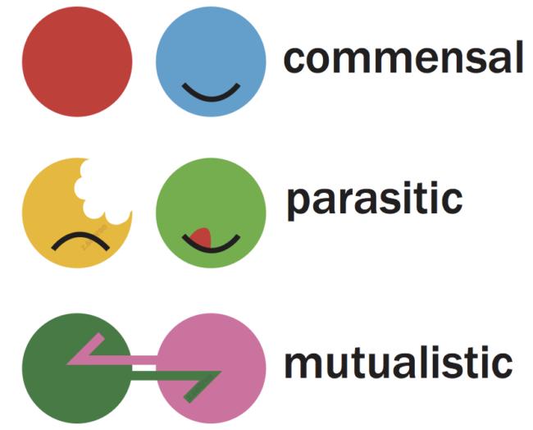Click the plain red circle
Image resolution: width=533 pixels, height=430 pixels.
pos(77,62)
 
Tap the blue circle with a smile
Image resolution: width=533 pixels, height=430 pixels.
pos(211,62)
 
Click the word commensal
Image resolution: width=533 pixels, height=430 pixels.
pos(403,57)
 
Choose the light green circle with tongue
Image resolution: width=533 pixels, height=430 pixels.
pos(211,213)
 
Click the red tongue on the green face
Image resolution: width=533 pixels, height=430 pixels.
pos(203,237)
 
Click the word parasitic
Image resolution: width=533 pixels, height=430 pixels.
pos(375,200)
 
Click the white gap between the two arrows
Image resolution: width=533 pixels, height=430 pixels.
pos(144,368)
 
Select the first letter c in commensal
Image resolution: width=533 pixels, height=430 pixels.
pos(296,61)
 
